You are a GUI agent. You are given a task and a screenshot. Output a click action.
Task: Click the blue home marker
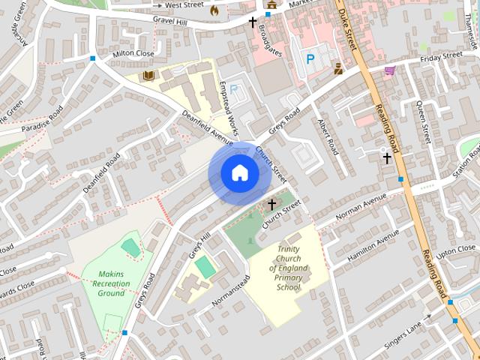click(x=239, y=172)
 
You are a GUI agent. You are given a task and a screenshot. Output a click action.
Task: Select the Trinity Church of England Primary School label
click(x=288, y=268)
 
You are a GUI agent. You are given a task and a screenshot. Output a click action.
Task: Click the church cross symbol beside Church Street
click(x=271, y=204)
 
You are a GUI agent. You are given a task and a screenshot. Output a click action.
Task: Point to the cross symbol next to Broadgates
click(x=253, y=22)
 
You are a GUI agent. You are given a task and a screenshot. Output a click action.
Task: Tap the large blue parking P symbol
click(x=310, y=58)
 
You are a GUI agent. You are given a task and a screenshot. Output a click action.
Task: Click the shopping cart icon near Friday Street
click(x=389, y=70)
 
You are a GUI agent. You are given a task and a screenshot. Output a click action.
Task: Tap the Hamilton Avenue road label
click(x=374, y=247)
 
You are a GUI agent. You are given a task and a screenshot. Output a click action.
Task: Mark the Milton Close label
click(x=133, y=54)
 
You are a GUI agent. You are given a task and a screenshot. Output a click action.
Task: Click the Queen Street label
click(x=424, y=121)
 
